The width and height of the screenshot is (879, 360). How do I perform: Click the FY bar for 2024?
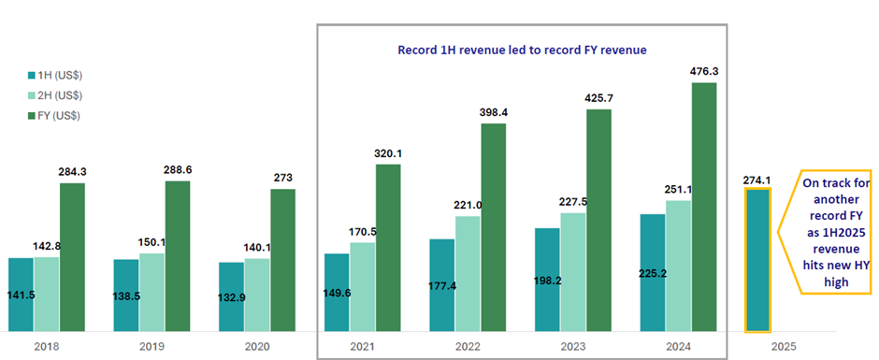pos(703,207)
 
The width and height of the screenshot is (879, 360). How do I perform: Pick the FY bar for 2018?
pos(72,257)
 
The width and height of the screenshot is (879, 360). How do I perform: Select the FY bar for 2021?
pos(388,248)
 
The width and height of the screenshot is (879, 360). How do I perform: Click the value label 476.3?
pos(704,70)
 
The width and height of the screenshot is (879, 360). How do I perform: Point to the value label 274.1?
pos(757,179)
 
